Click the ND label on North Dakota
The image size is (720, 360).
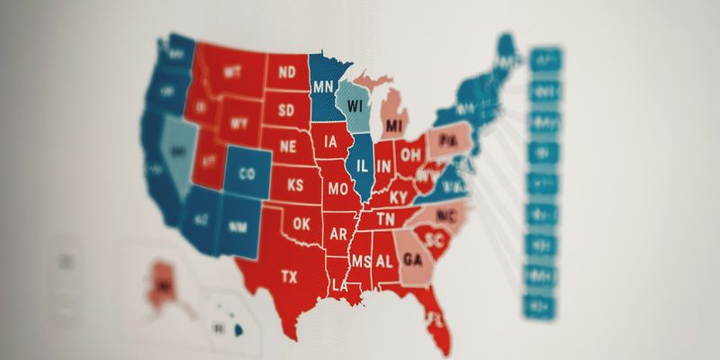[288, 70]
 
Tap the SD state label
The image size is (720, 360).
[286, 110]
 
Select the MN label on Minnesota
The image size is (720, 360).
[324, 87]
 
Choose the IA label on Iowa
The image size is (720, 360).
[332, 141]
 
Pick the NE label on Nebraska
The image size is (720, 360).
[288, 146]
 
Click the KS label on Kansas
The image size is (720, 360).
[294, 185]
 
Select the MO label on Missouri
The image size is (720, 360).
[337, 189]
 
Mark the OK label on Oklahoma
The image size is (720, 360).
[302, 222]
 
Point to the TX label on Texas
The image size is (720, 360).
[289, 275]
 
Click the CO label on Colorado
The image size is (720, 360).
[247, 175]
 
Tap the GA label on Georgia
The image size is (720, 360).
[413, 259]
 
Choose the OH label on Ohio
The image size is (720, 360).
[411, 154]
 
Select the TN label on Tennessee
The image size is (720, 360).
[385, 219]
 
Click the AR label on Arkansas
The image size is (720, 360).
[338, 233]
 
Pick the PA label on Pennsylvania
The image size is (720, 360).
[448, 142]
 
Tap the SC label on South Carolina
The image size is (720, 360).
[436, 240]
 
